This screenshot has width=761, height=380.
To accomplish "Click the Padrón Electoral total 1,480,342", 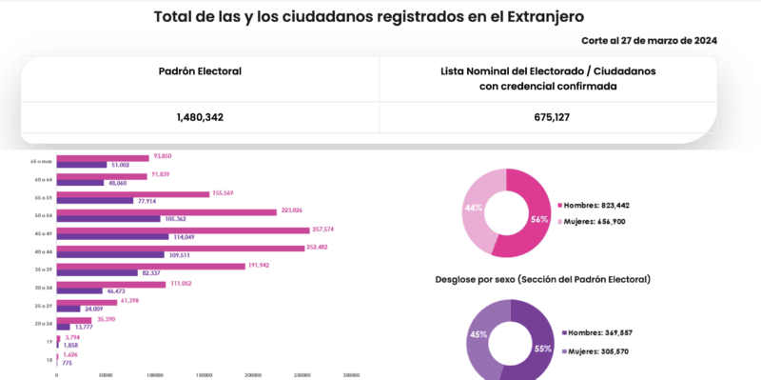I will click(200, 117).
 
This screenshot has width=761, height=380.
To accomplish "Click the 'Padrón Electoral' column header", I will click(200, 71).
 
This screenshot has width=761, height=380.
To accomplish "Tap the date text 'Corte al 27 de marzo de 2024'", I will click(649, 40).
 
